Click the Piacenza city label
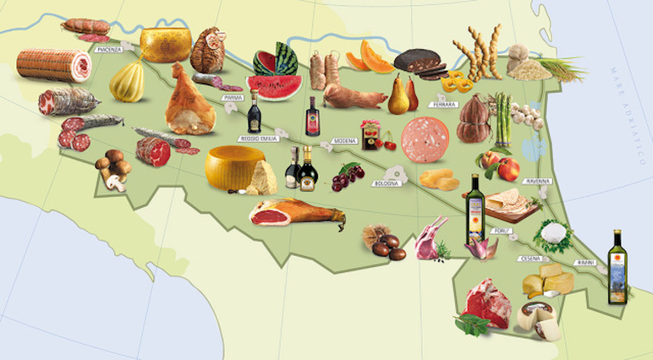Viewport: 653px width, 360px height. coord(108,49)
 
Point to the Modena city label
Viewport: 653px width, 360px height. coord(344,141)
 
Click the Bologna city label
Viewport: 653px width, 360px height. coord(387,183)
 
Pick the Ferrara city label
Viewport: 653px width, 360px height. coord(446,104)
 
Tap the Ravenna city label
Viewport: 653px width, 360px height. coord(537,181)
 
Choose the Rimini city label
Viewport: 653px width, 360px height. coord(585,263)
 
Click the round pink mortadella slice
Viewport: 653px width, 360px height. coord(425,139)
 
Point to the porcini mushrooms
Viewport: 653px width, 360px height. coord(114,169)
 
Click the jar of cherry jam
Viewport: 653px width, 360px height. coord(370,135)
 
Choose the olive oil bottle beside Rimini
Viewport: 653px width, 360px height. coord(618,268)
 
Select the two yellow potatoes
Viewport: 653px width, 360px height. coord(439,179)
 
